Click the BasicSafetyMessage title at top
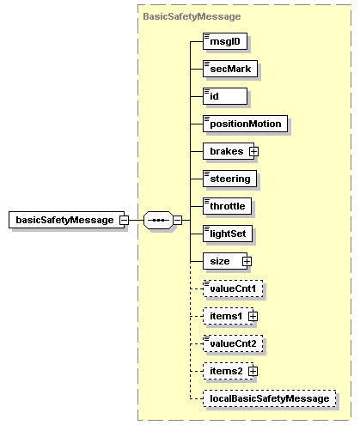coord(192,16)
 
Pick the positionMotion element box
coord(245,124)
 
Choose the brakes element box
coord(226,151)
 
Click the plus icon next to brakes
coord(254,151)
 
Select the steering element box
coord(230,179)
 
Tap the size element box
coord(221,261)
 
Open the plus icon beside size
coord(247,261)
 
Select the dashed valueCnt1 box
coord(233,288)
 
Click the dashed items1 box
coord(225,316)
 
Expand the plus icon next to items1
coord(253,316)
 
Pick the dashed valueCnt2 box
coord(233,343)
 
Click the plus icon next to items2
coord(253,371)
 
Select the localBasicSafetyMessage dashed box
coord(269,398)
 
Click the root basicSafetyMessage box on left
coord(64,220)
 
